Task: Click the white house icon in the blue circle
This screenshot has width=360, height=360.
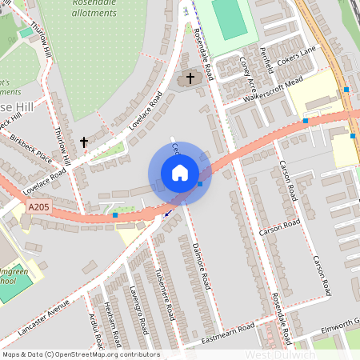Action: coord(180,173)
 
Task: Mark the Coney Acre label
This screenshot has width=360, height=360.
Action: coord(248,72)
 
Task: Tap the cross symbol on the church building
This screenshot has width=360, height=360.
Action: coord(190,78)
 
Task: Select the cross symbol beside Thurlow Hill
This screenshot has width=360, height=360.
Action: coord(84,142)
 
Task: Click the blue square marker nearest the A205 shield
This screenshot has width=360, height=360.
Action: coord(115,215)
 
